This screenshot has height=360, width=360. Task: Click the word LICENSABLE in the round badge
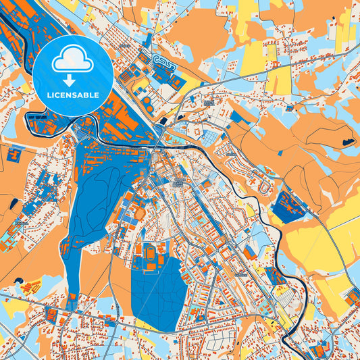[73, 95]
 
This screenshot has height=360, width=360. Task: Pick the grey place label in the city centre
[177, 183]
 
